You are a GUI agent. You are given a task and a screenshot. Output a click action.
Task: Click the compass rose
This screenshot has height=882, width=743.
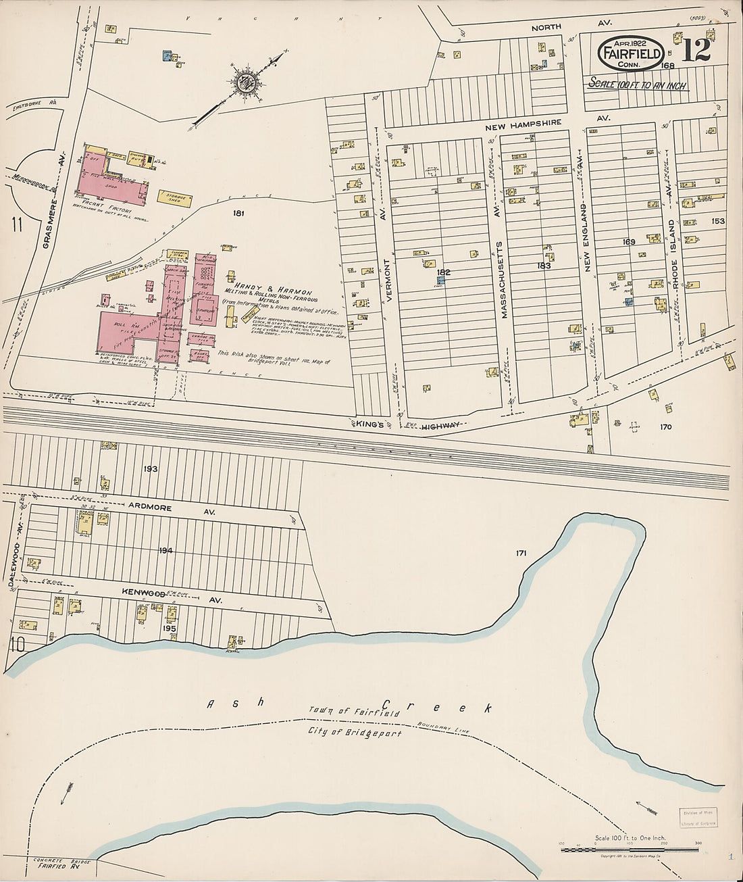pyautogui.click(x=244, y=83)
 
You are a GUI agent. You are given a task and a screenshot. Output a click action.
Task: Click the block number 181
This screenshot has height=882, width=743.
pyautogui.click(x=237, y=214)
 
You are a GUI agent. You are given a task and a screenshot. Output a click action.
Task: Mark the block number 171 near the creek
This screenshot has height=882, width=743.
pyautogui.click(x=521, y=554)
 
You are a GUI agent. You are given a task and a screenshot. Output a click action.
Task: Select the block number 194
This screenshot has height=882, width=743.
pyautogui.click(x=165, y=551)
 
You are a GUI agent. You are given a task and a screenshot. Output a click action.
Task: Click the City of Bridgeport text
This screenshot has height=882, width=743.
pyautogui.click(x=354, y=733)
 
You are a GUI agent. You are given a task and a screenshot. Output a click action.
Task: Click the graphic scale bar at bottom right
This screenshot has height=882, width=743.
pyautogui.click(x=630, y=846)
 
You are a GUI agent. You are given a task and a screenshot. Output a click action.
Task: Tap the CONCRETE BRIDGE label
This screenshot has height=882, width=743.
pyautogui.click(x=57, y=860)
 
